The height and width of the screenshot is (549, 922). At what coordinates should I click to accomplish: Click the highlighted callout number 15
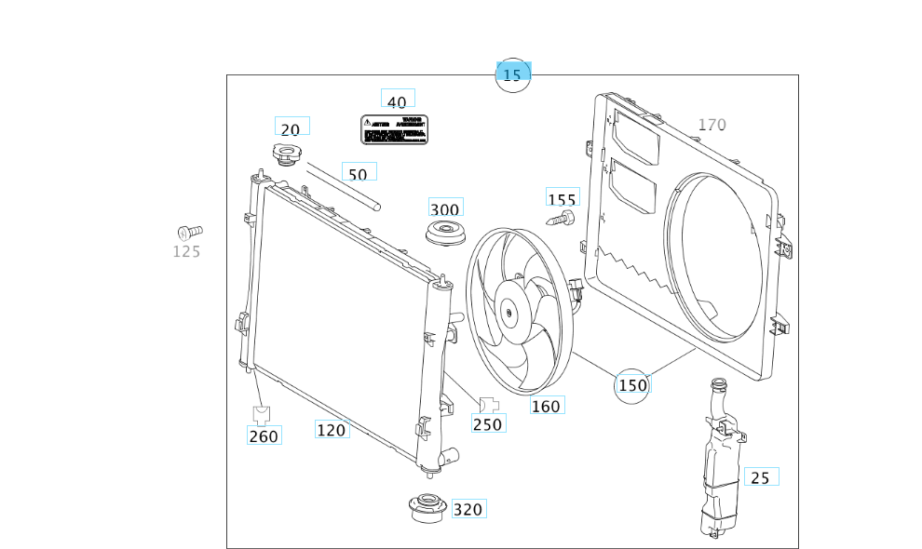pos(512,75)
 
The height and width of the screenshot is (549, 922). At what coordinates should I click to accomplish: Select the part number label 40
pos(397,102)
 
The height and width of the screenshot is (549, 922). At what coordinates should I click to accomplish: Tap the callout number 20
pos(291,130)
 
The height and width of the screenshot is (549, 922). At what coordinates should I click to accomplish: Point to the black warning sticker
pos(395,129)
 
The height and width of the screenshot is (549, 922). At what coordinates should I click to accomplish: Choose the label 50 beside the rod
pos(358,174)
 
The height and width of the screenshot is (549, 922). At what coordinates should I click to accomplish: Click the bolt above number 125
pos(189,231)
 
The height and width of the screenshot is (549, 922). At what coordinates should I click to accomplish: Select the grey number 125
pos(186,251)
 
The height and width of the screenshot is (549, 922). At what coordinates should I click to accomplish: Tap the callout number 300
pos(445,208)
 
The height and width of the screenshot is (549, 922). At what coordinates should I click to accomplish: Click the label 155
pos(562,199)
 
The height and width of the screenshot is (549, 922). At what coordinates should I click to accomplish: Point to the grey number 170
pos(712,125)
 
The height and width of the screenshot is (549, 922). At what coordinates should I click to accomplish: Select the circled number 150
pos(632,385)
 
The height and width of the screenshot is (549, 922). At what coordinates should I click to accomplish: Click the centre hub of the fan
pos(510,313)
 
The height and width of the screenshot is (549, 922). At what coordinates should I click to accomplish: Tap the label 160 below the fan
pos(546,406)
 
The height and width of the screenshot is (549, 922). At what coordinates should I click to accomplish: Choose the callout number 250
pos(487,424)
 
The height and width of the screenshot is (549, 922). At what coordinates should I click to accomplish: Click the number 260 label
pos(264,435)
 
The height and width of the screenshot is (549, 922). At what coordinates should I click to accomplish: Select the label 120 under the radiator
pos(332,430)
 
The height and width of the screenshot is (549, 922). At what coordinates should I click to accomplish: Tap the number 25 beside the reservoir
pos(760,477)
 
